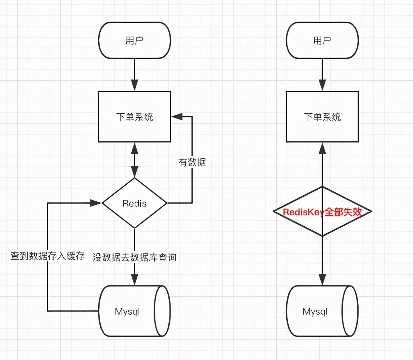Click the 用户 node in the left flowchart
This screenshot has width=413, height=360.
coord(135,40)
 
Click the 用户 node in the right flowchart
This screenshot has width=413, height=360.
coord(322,40)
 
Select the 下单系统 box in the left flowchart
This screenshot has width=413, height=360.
coord(135,117)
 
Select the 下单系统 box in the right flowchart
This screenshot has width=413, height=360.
coord(322,117)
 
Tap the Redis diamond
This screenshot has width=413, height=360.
coord(135,203)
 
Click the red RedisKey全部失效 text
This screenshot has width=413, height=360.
coord(322,212)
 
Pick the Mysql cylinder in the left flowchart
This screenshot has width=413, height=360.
coord(127,311)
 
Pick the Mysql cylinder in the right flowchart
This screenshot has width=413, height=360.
coord(315,311)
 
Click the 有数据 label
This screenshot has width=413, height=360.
coord(192,162)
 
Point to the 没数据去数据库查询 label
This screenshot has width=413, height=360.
coord(135,257)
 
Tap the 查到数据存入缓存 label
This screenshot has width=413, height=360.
coord(47,256)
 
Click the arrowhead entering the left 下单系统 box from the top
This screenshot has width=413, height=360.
coord(135,85)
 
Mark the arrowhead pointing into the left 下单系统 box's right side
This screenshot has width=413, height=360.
coord(177,116)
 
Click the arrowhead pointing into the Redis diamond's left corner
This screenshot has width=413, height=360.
coord(96,203)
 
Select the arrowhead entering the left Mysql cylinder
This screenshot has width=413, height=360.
coord(135,279)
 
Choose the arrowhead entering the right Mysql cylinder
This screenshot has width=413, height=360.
coord(322,279)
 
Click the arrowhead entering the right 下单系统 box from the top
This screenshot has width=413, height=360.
coord(322,85)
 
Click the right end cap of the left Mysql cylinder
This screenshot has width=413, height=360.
coord(163,311)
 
